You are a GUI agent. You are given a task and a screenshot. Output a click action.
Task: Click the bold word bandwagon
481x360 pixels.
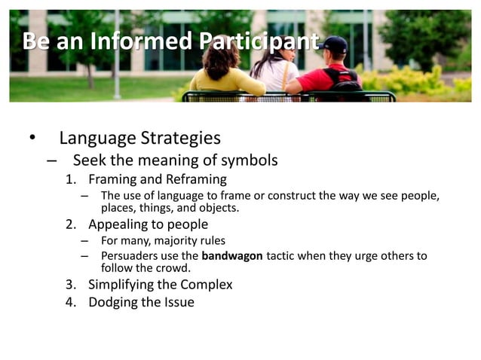point(232,256)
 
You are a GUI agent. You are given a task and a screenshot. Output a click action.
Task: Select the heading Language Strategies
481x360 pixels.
point(139,138)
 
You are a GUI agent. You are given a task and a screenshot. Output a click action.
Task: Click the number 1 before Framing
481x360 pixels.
point(70,179)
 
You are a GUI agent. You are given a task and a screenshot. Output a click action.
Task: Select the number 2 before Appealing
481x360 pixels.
point(70,224)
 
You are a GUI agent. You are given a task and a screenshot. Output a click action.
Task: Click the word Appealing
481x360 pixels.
point(118,224)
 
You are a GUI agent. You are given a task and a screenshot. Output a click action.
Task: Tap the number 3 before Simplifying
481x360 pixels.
point(70,285)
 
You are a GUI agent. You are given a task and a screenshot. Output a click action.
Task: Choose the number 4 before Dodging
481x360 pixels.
point(70,302)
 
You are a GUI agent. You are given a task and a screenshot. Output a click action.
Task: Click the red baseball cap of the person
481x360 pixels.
point(335,44)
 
